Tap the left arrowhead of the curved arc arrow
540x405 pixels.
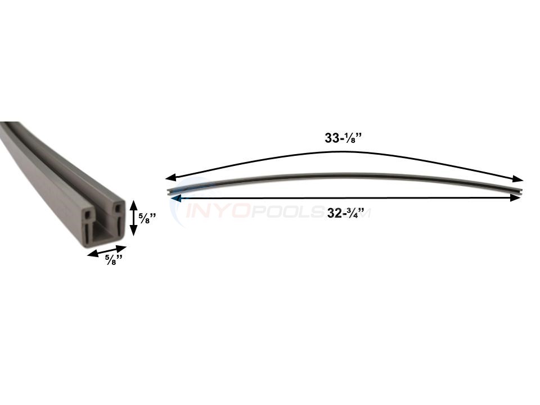[170, 177]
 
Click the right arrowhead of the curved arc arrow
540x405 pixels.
[519, 179]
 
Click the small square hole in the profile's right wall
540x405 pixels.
[117, 209]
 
